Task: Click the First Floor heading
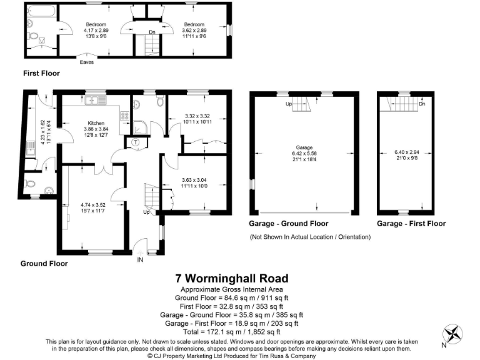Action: tap(41, 73)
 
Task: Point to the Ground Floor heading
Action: tap(44, 263)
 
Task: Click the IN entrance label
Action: tap(141, 259)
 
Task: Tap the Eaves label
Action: tap(87, 62)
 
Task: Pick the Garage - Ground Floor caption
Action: tap(289, 223)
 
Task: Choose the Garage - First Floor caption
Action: tap(411, 223)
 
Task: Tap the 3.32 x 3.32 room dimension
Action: tap(198, 118)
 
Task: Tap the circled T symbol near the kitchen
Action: tap(136, 142)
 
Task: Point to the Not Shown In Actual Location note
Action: tap(310, 237)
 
